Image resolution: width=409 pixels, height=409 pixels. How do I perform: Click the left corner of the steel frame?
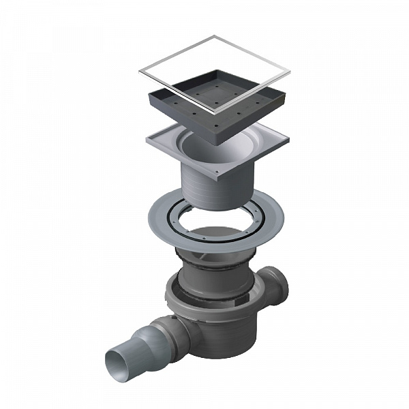coord(140,71)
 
